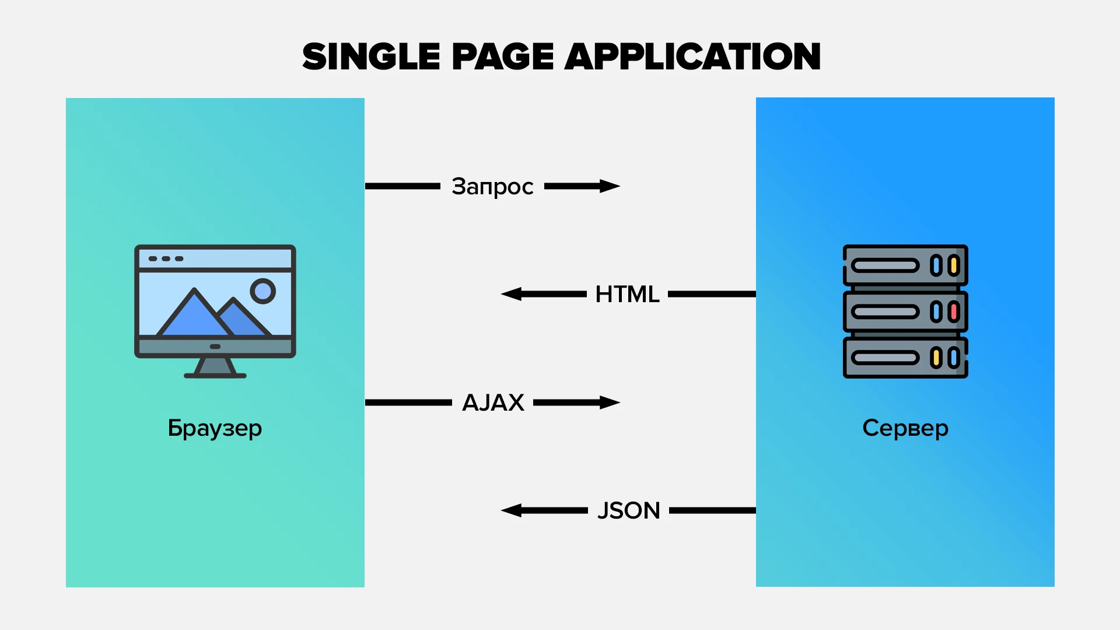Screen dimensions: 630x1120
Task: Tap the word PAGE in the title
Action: click(x=502, y=57)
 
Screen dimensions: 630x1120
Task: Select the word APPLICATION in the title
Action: click(x=692, y=57)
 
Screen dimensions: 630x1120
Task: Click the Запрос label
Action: click(x=492, y=187)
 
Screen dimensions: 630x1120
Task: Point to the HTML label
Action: click(x=627, y=294)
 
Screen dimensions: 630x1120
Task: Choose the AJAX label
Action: click(x=493, y=402)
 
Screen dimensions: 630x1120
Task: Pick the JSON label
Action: click(x=628, y=510)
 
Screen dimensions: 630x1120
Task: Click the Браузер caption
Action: click(x=215, y=428)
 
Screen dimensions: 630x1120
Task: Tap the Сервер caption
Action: click(x=905, y=428)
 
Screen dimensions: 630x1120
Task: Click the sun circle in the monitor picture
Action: click(x=262, y=290)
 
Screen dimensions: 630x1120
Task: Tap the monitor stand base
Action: click(x=215, y=376)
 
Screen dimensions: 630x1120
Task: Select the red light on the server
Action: click(x=954, y=311)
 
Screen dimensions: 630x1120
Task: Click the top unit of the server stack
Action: click(x=905, y=265)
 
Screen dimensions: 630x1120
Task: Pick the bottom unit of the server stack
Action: click(x=905, y=358)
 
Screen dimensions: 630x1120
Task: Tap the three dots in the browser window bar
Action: click(x=166, y=258)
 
